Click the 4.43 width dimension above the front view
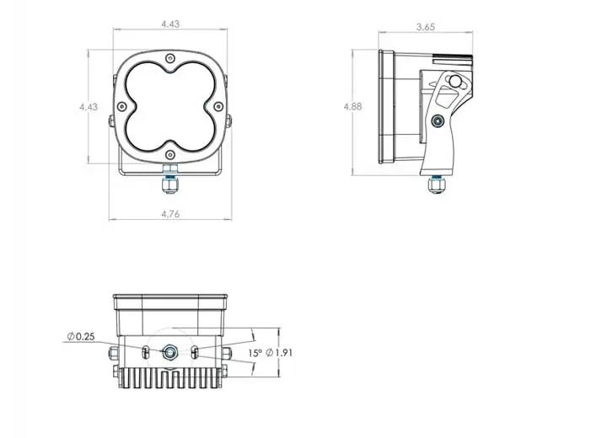click(169, 24)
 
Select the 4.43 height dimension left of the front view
click(88, 107)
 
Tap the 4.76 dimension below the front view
click(169, 214)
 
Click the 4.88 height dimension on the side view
click(355, 108)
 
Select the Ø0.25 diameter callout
click(80, 337)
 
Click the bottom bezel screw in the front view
click(171, 154)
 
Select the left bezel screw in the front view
click(123, 106)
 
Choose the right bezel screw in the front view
click(218, 106)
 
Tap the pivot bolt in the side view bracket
click(436, 121)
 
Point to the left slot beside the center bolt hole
click(147, 351)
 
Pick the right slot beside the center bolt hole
click(196, 351)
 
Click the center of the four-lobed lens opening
click(171, 107)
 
